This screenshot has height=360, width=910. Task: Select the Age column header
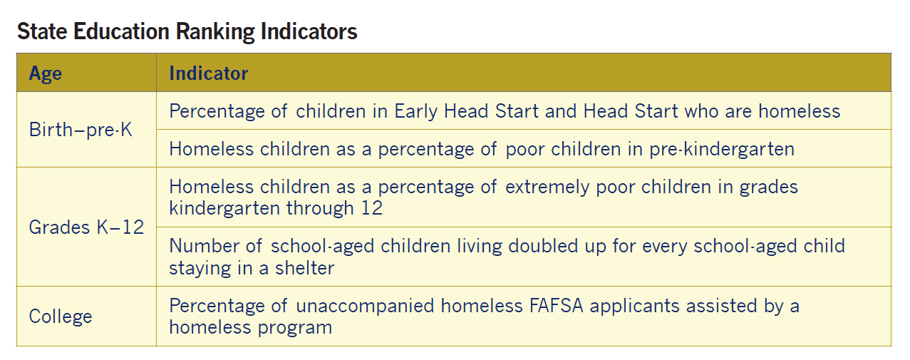[x=46, y=74]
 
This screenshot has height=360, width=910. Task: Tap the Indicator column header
[x=208, y=73]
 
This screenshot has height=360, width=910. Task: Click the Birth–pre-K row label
[x=81, y=130]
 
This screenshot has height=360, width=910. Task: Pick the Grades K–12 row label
[x=86, y=227]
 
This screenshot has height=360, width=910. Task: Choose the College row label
[x=61, y=316]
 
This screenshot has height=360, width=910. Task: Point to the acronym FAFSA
[x=556, y=306]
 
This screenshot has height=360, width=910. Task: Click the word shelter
[x=305, y=268]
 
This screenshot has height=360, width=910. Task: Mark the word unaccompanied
[x=365, y=307]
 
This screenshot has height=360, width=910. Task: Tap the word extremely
[x=547, y=187]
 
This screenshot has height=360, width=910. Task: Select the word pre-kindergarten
[x=721, y=149]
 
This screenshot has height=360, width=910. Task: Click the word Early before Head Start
[x=416, y=111]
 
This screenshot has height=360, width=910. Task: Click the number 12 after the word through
[x=372, y=208]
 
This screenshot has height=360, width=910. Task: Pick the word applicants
[x=634, y=307]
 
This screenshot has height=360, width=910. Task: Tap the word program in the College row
[x=294, y=328]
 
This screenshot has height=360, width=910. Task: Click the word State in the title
[x=42, y=31]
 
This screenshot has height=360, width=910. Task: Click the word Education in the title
[x=121, y=31]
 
